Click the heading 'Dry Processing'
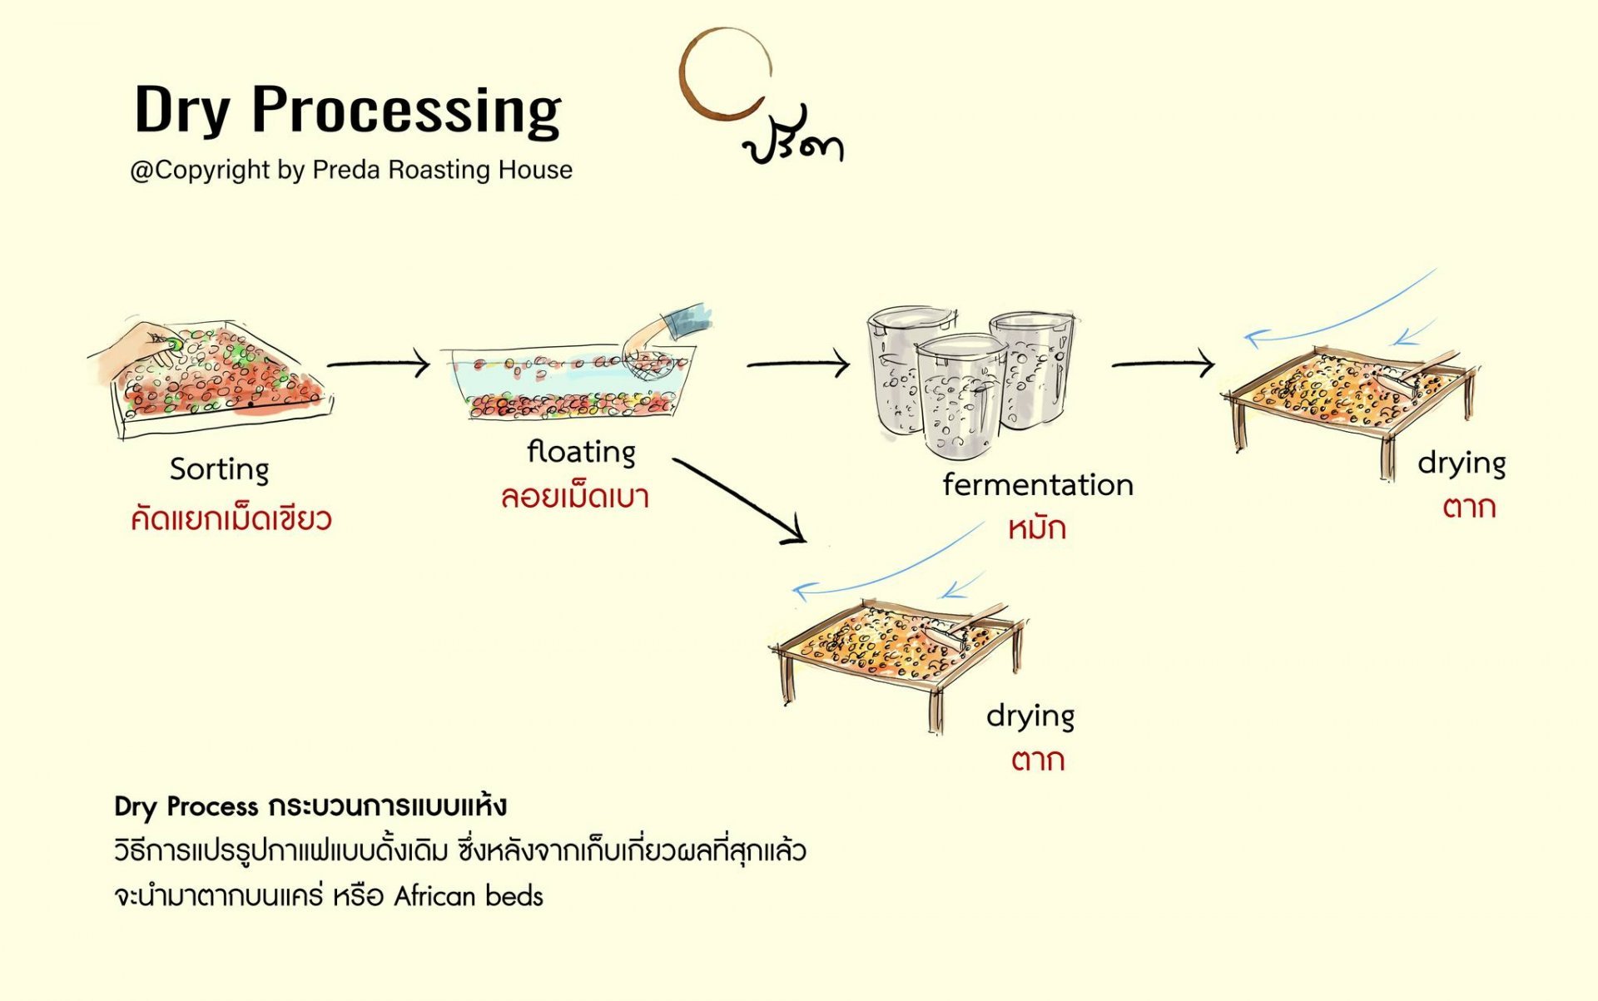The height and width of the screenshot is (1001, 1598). (x=347, y=111)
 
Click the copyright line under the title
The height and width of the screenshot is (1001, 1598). (x=351, y=170)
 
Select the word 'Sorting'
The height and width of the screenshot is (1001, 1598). (x=219, y=469)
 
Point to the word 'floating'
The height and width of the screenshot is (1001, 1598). (x=581, y=452)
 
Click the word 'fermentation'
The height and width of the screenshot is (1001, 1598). (x=1037, y=484)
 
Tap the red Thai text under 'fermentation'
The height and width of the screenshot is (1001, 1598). (x=1036, y=528)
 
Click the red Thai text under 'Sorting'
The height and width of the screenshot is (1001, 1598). (x=231, y=519)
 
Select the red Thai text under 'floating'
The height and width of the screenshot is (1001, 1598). (x=574, y=497)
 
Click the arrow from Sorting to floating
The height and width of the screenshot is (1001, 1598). (x=379, y=364)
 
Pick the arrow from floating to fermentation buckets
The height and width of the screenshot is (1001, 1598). (x=797, y=364)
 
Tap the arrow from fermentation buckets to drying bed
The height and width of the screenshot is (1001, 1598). (x=1163, y=364)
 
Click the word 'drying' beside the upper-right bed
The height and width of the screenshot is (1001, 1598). (x=1461, y=463)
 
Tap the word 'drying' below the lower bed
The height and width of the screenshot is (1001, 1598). (x=1030, y=716)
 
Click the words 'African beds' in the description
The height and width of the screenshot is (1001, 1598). (x=468, y=896)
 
